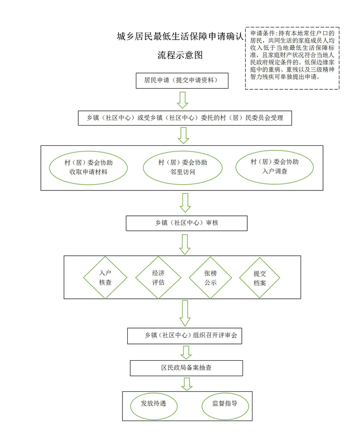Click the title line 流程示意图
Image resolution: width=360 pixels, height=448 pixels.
180,55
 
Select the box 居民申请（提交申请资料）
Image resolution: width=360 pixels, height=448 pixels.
182,81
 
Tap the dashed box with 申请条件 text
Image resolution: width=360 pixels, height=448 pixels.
292,59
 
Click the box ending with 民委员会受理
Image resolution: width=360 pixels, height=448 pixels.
185,118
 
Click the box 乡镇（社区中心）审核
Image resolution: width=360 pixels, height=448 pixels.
186,223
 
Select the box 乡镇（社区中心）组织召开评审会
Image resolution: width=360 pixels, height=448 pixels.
185,336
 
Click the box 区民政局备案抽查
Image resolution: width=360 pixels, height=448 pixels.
186,368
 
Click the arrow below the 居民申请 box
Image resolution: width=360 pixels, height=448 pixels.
182,100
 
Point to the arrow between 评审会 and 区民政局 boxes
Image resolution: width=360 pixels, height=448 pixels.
186,352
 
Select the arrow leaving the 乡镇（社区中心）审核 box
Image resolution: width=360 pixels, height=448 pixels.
185,245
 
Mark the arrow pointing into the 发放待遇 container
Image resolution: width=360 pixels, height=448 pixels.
187,384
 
